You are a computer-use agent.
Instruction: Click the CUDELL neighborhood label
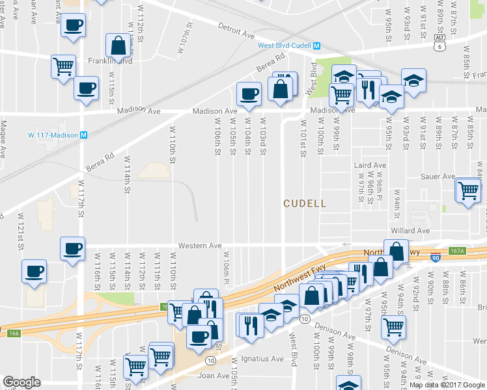(x=305, y=203)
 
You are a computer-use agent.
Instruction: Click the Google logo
(x=21, y=382)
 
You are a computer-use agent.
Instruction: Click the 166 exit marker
(x=14, y=333)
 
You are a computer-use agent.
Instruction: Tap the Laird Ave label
(x=370, y=166)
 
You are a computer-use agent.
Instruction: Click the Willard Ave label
(x=410, y=231)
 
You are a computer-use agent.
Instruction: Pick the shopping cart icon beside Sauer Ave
(x=469, y=190)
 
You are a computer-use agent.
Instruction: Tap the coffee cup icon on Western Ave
(x=72, y=248)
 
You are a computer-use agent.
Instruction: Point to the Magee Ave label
(x=3, y=138)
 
